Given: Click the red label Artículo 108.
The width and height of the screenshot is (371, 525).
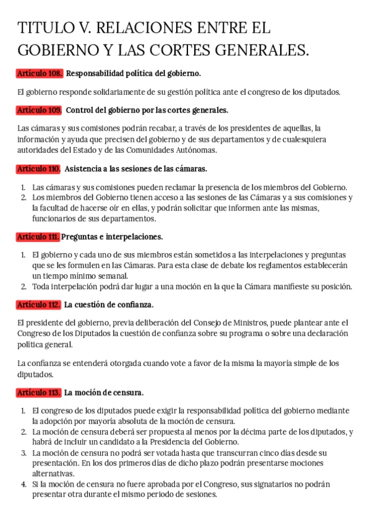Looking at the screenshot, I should click(40, 74).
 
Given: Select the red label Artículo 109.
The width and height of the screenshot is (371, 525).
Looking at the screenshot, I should click(40, 110).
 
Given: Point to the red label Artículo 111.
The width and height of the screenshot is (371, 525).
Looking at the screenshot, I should click(38, 236).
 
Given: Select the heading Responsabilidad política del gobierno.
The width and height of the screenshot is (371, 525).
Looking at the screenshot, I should click(134, 74).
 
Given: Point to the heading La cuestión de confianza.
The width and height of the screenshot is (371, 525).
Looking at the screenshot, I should click(109, 305).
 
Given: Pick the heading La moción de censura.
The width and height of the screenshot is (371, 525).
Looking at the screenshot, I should click(104, 393).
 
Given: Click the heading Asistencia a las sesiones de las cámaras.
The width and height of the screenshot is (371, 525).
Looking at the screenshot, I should click(136, 168).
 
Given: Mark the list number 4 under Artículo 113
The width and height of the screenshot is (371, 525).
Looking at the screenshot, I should click(23, 484).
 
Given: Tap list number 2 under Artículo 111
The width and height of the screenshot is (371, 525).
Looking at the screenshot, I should click(23, 286).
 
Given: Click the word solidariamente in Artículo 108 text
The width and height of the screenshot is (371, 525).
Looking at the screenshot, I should click(92, 92).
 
